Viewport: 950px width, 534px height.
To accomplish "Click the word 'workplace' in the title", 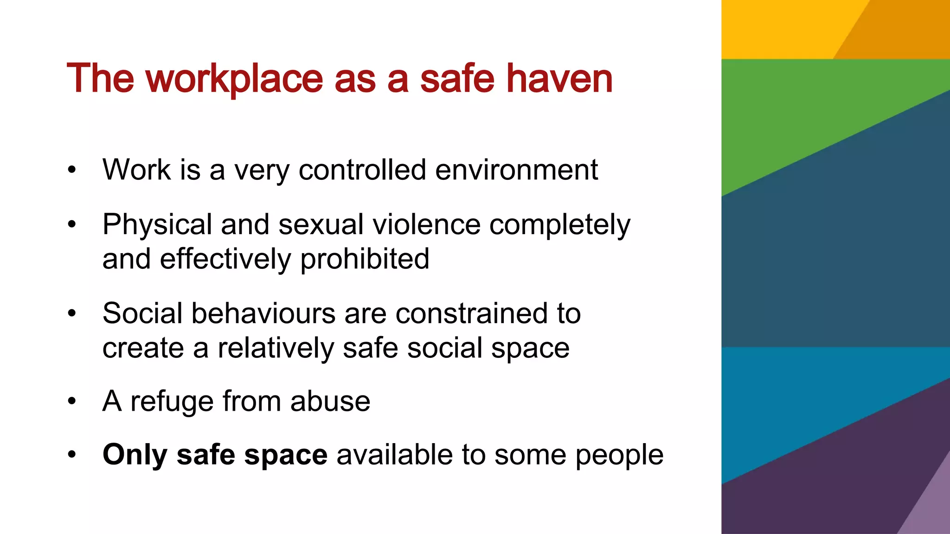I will pos(234,79).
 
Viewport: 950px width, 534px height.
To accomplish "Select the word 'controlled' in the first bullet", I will pos(362,170).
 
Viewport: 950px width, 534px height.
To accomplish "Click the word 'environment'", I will pos(516,170).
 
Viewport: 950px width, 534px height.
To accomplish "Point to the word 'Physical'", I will pos(157,225).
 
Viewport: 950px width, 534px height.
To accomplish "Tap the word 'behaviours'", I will pos(263,313).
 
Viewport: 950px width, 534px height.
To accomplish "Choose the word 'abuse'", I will pos(330,401).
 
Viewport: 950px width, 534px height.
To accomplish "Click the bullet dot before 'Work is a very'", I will pos(71,170).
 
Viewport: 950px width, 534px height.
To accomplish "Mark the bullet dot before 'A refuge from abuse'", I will pos(71,401).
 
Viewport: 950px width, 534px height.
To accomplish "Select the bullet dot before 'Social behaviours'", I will pos(71,313).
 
